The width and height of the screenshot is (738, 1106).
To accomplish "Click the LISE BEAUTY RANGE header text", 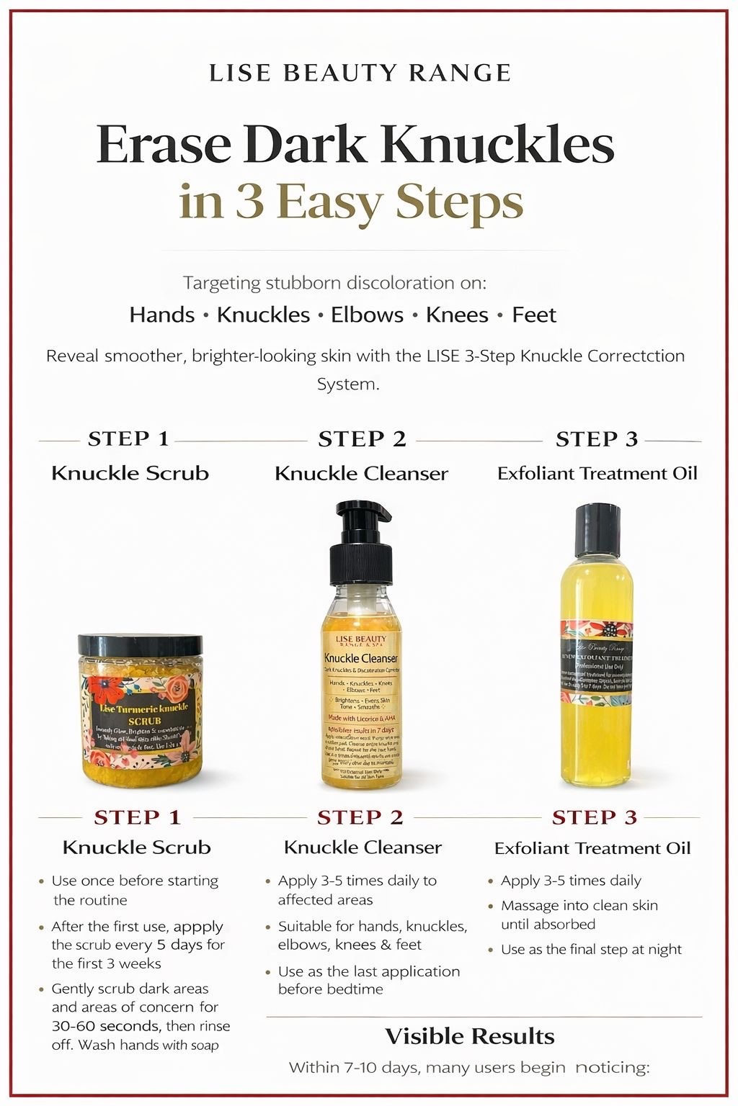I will pyautogui.click(x=360, y=73).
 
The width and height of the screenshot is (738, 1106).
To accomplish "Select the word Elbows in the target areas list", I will pyautogui.click(x=367, y=315).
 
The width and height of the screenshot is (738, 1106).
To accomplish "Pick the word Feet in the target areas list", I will pyautogui.click(x=534, y=315).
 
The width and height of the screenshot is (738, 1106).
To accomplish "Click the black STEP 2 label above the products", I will pyautogui.click(x=362, y=439).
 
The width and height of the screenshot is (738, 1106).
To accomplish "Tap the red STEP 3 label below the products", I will pyautogui.click(x=595, y=817).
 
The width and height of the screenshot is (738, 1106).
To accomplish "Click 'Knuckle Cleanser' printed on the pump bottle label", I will pyautogui.click(x=360, y=658).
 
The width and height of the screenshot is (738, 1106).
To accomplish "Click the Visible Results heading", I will pyautogui.click(x=470, y=1036).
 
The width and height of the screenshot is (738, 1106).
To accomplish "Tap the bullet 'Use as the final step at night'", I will pyautogui.click(x=591, y=949).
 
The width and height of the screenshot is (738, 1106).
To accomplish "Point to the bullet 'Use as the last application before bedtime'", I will pyautogui.click(x=368, y=980).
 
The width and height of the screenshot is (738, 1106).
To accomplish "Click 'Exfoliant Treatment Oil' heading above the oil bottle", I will pyautogui.click(x=597, y=473).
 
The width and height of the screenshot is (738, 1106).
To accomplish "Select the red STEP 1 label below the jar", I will pyautogui.click(x=137, y=817).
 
